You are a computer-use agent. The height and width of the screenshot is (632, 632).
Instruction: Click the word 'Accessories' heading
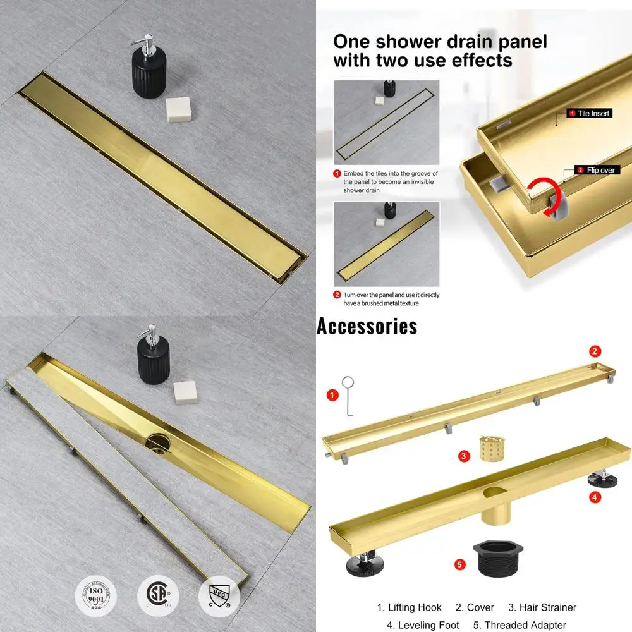(367, 326)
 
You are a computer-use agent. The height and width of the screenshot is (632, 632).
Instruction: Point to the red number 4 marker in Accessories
(595, 497)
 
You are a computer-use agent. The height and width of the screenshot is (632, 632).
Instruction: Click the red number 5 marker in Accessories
(461, 564)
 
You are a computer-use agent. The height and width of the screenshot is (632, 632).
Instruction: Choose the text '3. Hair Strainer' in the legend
(542, 607)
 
